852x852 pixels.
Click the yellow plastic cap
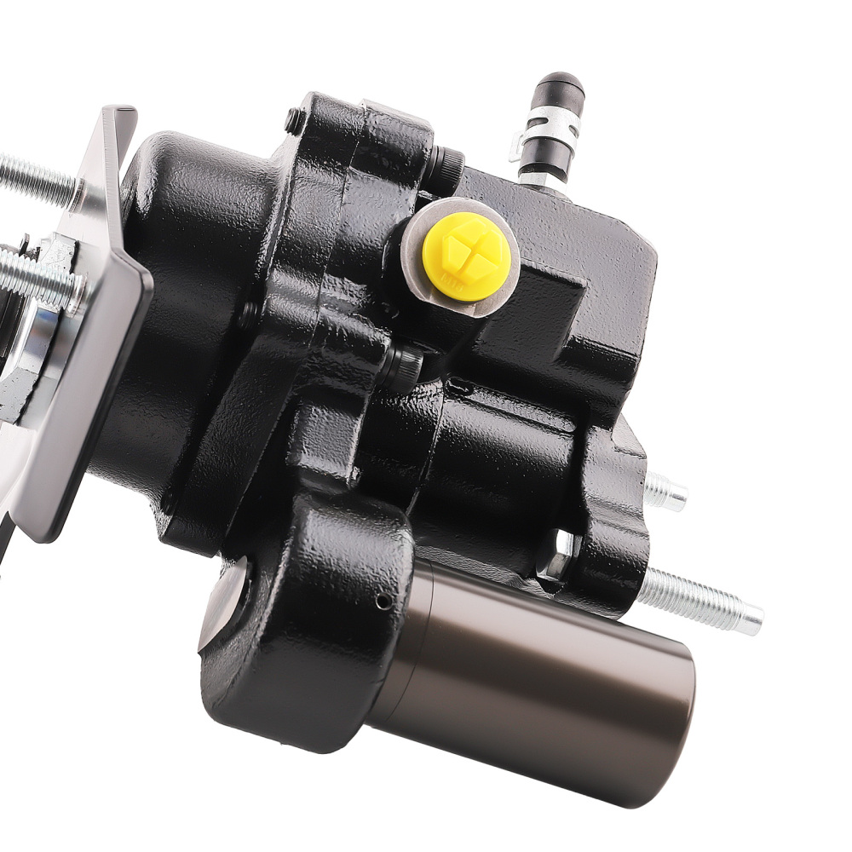pos(467,256)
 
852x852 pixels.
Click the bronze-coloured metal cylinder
pos(528,673)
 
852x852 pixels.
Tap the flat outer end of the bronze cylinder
pos(673,724)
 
